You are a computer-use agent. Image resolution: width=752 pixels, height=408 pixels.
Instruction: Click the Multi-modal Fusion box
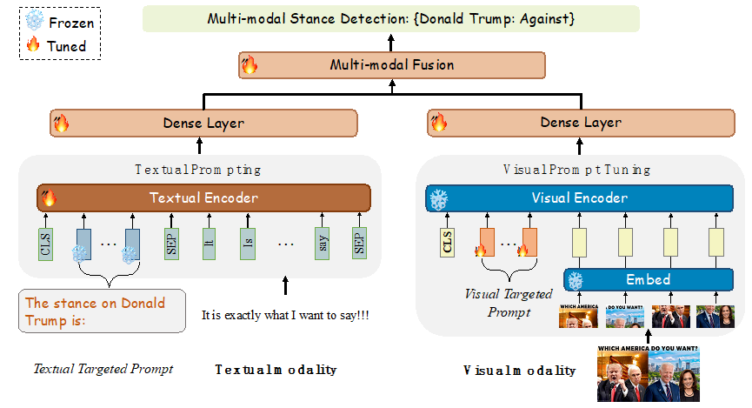[391, 65]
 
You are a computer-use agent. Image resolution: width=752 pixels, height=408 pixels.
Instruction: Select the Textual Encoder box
[203, 197]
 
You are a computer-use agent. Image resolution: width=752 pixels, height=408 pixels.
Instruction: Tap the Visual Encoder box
[579, 198]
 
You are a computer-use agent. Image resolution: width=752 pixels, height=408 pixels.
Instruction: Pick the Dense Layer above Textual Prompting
[203, 123]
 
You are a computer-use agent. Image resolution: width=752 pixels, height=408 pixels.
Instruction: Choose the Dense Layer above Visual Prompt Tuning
[580, 123]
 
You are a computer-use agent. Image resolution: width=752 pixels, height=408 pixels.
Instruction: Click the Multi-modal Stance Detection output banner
[390, 18]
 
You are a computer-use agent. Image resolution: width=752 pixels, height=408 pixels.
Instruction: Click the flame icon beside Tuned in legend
[34, 45]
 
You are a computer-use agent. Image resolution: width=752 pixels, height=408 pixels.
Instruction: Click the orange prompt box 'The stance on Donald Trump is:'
[102, 311]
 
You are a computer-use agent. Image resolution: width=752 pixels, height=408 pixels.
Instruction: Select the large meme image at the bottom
[649, 373]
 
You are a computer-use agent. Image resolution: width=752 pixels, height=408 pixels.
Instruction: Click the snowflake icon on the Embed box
[575, 280]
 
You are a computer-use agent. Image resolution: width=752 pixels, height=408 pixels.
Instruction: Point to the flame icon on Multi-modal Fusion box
[250, 65]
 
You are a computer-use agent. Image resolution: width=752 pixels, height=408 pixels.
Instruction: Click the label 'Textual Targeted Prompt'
[103, 369]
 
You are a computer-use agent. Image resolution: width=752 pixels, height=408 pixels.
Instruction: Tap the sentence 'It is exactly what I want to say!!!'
[285, 314]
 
